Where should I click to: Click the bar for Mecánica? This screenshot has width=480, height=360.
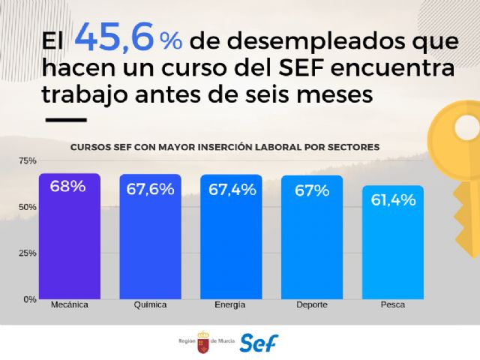click(x=69, y=240)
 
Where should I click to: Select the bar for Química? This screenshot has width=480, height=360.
click(x=150, y=240)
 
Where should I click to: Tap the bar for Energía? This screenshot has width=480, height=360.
click(x=231, y=240)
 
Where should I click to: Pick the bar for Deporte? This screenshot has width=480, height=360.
click(x=312, y=240)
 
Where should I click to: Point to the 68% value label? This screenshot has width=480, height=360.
click(x=68, y=187)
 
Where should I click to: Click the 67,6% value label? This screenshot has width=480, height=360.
click(x=150, y=189)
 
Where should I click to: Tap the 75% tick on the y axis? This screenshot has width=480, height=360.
click(x=27, y=160)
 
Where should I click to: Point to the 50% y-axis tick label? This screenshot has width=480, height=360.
click(x=27, y=207)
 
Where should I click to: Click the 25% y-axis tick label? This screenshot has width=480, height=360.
click(x=27, y=253)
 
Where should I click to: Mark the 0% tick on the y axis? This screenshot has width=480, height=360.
click(x=29, y=299)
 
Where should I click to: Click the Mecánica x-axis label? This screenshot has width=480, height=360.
click(x=69, y=307)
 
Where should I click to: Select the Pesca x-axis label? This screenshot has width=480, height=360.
click(x=392, y=307)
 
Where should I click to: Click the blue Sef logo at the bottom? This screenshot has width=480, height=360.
click(x=259, y=342)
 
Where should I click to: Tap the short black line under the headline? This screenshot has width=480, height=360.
click(x=67, y=118)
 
